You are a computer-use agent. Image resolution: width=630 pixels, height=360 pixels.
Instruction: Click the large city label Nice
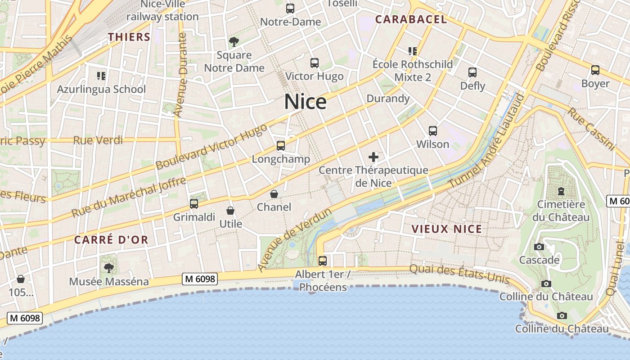tap(305, 102)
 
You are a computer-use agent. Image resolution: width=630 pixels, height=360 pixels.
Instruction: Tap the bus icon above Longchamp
tap(281, 145)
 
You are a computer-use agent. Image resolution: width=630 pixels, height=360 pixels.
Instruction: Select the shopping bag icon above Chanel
tap(274, 194)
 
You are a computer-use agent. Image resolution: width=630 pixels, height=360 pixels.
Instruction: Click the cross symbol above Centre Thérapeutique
tap(373, 157)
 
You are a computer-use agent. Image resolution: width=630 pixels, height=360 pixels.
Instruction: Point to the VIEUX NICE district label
tap(446, 229)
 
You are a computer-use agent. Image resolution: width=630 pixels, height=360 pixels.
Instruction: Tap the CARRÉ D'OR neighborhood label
tap(111, 240)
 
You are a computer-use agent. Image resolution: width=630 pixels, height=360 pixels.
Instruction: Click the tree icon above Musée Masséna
tap(108, 268)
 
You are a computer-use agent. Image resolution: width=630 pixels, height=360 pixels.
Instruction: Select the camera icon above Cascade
tap(539, 247)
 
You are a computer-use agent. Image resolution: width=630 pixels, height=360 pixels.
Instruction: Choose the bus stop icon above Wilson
tap(432, 131)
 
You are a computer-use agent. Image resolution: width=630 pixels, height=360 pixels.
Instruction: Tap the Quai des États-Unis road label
tap(459, 274)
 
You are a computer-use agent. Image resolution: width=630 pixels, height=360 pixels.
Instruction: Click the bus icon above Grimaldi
tap(194, 204)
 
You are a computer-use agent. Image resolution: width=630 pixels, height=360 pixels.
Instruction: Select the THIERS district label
tap(129, 37)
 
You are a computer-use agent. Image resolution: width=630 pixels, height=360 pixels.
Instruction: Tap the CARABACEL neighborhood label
tap(411, 19)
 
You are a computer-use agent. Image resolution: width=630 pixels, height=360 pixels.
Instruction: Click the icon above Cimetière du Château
tap(561, 191)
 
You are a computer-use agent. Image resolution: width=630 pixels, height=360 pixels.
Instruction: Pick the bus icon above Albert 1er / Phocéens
tap(322, 261)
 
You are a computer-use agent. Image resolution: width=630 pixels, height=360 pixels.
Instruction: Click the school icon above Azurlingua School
tap(101, 76)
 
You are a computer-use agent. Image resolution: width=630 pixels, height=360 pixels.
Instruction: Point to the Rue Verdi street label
tap(98, 140)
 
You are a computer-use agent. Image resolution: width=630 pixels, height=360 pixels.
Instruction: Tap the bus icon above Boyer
tap(595, 70)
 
